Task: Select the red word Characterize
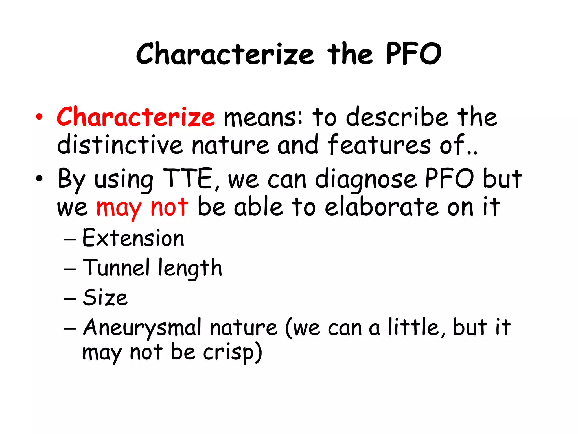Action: (135, 117)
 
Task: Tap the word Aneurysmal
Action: (143, 328)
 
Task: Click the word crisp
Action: (229, 353)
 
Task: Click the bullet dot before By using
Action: (39, 179)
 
